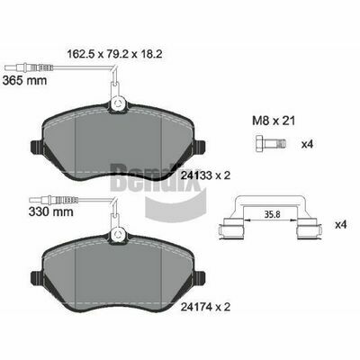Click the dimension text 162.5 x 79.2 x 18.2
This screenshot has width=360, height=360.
coord(115,54)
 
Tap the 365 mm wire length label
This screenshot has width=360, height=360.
coord(24,80)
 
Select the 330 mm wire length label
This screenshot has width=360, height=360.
coord(51,211)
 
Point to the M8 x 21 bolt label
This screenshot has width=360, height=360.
coord(274,121)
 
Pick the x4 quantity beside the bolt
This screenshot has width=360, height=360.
coord(307,145)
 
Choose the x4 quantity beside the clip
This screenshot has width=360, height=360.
coord(341,225)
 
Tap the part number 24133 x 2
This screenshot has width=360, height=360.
coord(205,175)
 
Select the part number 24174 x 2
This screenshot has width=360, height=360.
coord(205,307)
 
